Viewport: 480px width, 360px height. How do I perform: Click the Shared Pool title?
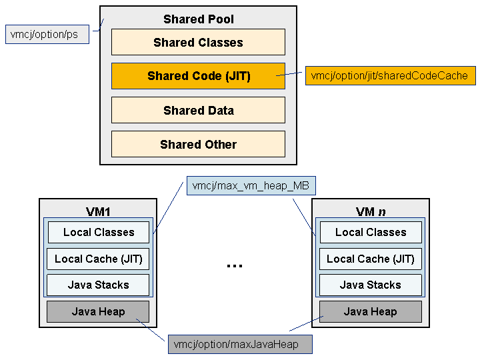pyautogui.click(x=199, y=19)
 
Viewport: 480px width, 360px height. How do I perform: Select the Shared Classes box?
pyautogui.click(x=198, y=42)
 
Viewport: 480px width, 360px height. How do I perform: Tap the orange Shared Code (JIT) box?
pyautogui.click(x=198, y=76)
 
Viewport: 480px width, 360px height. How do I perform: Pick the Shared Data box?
pyautogui.click(x=198, y=110)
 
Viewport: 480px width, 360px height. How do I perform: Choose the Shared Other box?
pyautogui.click(x=198, y=144)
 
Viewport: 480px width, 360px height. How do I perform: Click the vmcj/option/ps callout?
pyautogui.click(x=47, y=34)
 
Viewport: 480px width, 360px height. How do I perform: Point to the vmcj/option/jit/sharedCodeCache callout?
pyautogui.click(x=390, y=75)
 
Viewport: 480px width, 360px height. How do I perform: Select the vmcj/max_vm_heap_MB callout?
pyautogui.click(x=251, y=185)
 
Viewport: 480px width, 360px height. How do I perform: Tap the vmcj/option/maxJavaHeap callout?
pyautogui.click(x=240, y=345)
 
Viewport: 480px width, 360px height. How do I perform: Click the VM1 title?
pyautogui.click(x=98, y=211)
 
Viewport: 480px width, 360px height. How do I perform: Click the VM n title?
pyautogui.click(x=371, y=211)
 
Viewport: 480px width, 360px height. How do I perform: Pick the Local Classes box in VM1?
pyautogui.click(x=99, y=233)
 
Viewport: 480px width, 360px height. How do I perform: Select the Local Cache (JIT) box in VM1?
pyautogui.click(x=98, y=259)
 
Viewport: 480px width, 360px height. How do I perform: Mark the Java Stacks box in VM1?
pyautogui.click(x=98, y=285)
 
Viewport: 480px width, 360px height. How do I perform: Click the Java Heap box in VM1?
pyautogui.click(x=98, y=311)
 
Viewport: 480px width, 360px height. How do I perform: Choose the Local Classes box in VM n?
pyautogui.click(x=371, y=233)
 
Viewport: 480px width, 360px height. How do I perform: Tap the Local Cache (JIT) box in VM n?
pyautogui.click(x=371, y=259)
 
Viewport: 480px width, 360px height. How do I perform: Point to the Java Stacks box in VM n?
pyautogui.click(x=371, y=285)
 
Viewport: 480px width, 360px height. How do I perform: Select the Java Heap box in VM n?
pyautogui.click(x=371, y=311)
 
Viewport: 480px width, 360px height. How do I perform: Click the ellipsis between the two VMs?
pyautogui.click(x=235, y=266)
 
